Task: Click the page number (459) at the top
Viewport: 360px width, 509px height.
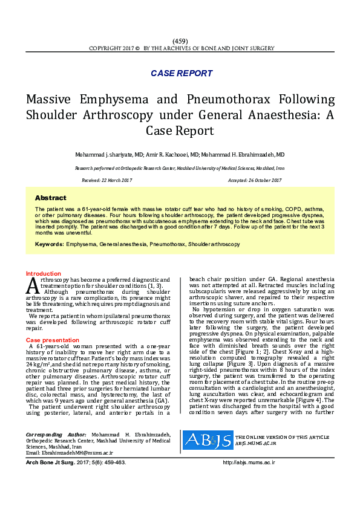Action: [x=180, y=41]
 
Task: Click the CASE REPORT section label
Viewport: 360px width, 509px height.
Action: [x=182, y=73]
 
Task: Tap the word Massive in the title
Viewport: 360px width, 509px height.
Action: [x=51, y=99]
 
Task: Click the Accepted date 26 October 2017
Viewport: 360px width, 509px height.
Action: [x=255, y=180]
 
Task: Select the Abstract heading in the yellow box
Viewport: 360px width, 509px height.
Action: [x=50, y=198]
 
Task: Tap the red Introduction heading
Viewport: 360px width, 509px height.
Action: [x=44, y=274]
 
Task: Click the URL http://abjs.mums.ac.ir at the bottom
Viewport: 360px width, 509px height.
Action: [x=249, y=462]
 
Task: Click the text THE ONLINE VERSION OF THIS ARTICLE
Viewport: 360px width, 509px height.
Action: [x=282, y=436]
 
